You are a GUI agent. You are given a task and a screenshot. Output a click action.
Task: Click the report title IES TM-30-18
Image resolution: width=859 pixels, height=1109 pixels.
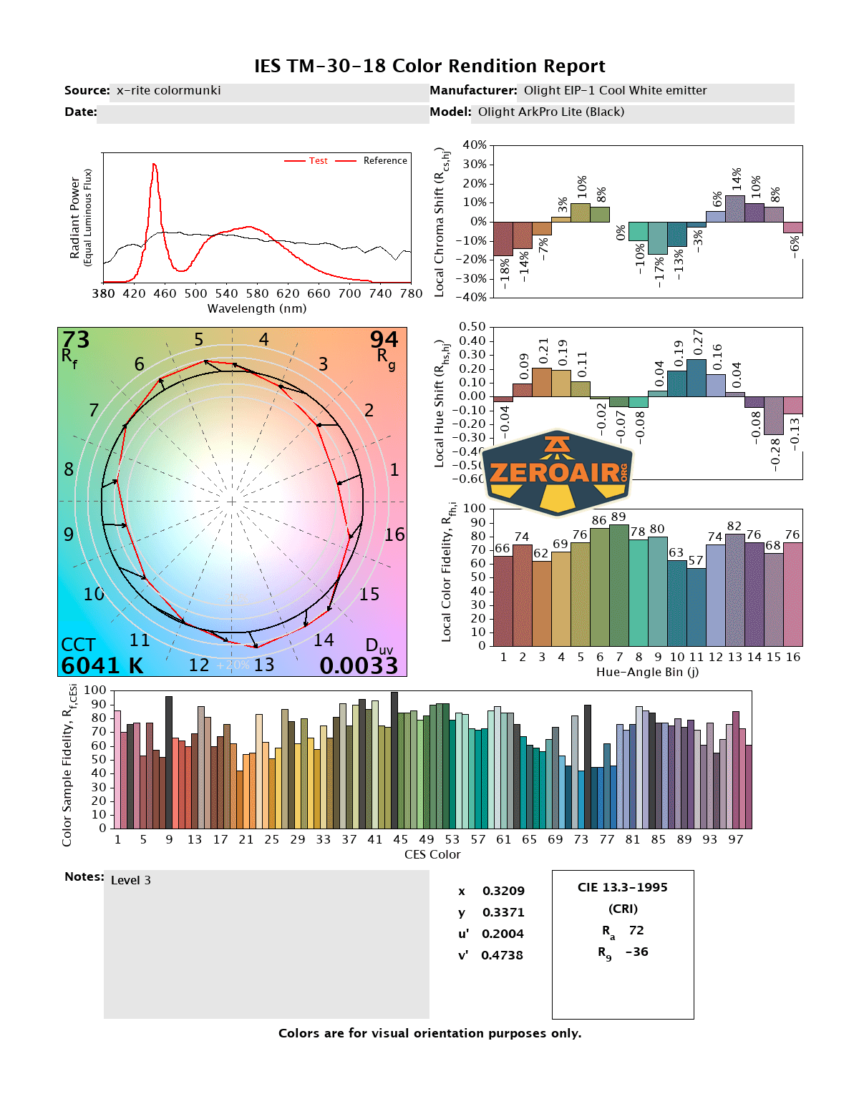click(429, 66)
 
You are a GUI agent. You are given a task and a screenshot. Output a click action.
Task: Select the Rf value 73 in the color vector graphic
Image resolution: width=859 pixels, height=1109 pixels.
click(76, 340)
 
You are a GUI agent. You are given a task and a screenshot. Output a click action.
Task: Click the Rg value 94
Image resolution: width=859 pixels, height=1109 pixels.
click(384, 340)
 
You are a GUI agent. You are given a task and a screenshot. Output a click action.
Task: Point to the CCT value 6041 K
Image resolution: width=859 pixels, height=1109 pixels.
click(102, 666)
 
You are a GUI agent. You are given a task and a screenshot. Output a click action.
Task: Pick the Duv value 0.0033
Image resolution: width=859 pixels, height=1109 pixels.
click(359, 666)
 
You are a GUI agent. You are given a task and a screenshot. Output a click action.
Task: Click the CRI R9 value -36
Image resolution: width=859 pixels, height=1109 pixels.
click(636, 952)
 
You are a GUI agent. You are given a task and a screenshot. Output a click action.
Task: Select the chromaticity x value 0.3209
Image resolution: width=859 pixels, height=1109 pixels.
click(503, 891)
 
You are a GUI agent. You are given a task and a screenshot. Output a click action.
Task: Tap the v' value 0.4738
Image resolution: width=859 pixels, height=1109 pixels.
click(502, 955)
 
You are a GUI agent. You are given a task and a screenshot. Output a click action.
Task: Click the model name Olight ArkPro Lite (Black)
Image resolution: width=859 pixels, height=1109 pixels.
click(551, 112)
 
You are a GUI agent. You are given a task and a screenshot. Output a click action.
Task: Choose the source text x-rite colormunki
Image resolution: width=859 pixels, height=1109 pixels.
click(169, 90)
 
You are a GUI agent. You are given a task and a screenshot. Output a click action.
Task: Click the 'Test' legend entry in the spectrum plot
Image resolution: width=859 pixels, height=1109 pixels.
click(318, 161)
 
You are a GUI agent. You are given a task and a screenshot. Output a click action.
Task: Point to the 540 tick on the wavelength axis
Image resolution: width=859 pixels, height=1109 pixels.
click(226, 293)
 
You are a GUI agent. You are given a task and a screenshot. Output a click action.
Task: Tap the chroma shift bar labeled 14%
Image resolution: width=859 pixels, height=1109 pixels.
click(735, 208)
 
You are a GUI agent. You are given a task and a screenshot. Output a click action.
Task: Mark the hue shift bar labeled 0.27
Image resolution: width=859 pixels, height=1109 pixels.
click(697, 378)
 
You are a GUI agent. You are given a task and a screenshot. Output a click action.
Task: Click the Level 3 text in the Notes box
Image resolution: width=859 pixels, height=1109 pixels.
click(131, 880)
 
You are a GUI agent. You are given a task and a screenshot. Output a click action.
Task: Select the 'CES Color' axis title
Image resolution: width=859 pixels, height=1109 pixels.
click(432, 854)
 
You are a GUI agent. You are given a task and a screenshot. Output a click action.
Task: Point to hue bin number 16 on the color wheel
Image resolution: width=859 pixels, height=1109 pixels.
click(394, 534)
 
